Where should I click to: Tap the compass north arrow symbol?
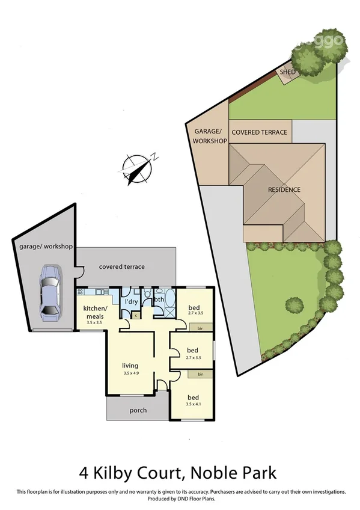tap(138, 167)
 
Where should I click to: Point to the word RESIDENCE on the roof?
tap(284, 189)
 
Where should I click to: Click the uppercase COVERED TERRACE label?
tap(259, 132)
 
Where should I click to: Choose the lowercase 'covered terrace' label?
tap(122, 266)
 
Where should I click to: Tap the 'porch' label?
tap(138, 411)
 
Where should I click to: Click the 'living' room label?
tap(130, 365)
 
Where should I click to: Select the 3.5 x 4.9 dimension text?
tap(130, 373)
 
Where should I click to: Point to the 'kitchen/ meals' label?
tap(94, 313)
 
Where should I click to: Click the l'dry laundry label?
tap(132, 302)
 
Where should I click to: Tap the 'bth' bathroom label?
tap(159, 300)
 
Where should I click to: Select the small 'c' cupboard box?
tap(136, 315)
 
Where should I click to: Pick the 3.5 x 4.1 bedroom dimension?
tap(193, 405)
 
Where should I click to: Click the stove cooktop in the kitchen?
tap(82, 292)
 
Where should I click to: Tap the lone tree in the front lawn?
tap(294, 306)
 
